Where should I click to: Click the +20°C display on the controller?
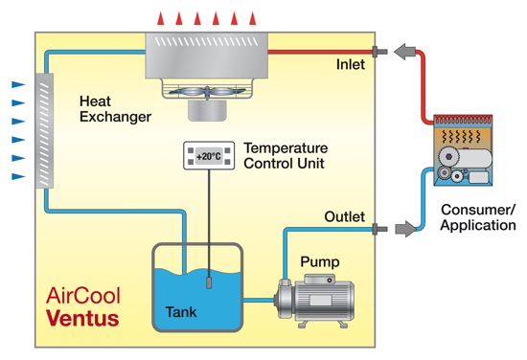pyautogui.click(x=209, y=156)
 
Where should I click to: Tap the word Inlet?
pyautogui.click(x=351, y=64)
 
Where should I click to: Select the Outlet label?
pyautogui.click(x=345, y=216)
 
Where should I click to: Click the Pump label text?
pyautogui.click(x=320, y=262)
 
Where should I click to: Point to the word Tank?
pyautogui.click(x=181, y=312)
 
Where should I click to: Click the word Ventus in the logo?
pyautogui.click(x=82, y=318)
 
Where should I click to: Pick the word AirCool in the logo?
pyautogui.click(x=83, y=296)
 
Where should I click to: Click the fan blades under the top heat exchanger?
pyautogui.click(x=207, y=91)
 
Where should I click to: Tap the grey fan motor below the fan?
pyautogui.click(x=207, y=110)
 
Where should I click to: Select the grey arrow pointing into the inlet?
pyautogui.click(x=405, y=52)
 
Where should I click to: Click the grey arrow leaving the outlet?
pyautogui.click(x=406, y=229)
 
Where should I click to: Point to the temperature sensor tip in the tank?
pyautogui.click(x=209, y=282)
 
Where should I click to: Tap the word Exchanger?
pyautogui.click(x=115, y=117)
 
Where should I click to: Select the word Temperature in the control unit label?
pyautogui.click(x=286, y=148)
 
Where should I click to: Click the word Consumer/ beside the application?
pyautogui.click(x=478, y=210)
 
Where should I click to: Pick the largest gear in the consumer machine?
pyautogui.click(x=448, y=156)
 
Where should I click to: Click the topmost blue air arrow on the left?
pyautogui.click(x=18, y=84)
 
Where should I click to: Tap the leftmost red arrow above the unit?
pyautogui.click(x=161, y=18)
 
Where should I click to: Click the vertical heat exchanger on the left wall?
pyautogui.click(x=44, y=130)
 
